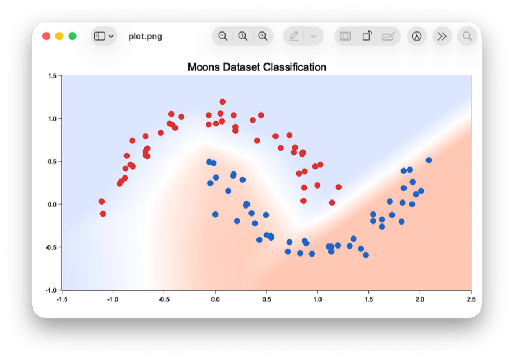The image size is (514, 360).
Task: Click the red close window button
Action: click(x=46, y=36)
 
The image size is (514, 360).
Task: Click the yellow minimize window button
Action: click(x=59, y=36)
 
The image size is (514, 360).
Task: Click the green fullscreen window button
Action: click(x=73, y=36)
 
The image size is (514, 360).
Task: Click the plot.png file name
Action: click(x=145, y=36)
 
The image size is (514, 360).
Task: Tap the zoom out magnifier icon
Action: click(x=223, y=36)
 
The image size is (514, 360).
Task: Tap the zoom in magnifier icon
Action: click(x=263, y=36)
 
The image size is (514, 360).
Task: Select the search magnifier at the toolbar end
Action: click(x=467, y=36)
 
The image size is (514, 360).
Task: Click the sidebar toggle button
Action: click(x=103, y=36)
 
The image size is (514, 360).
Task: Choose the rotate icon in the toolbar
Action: click(x=367, y=36)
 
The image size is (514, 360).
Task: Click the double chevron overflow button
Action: click(x=442, y=36)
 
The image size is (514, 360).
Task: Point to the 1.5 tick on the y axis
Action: click(x=52, y=75)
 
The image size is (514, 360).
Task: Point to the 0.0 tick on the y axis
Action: click(x=52, y=204)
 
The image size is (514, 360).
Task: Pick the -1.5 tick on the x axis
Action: click(x=62, y=298)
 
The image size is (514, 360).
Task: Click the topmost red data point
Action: click(x=223, y=102)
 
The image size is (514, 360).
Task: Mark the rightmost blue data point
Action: click(x=429, y=160)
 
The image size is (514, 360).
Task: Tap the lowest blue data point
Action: click(x=366, y=255)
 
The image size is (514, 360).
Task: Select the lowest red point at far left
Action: click(x=103, y=214)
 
